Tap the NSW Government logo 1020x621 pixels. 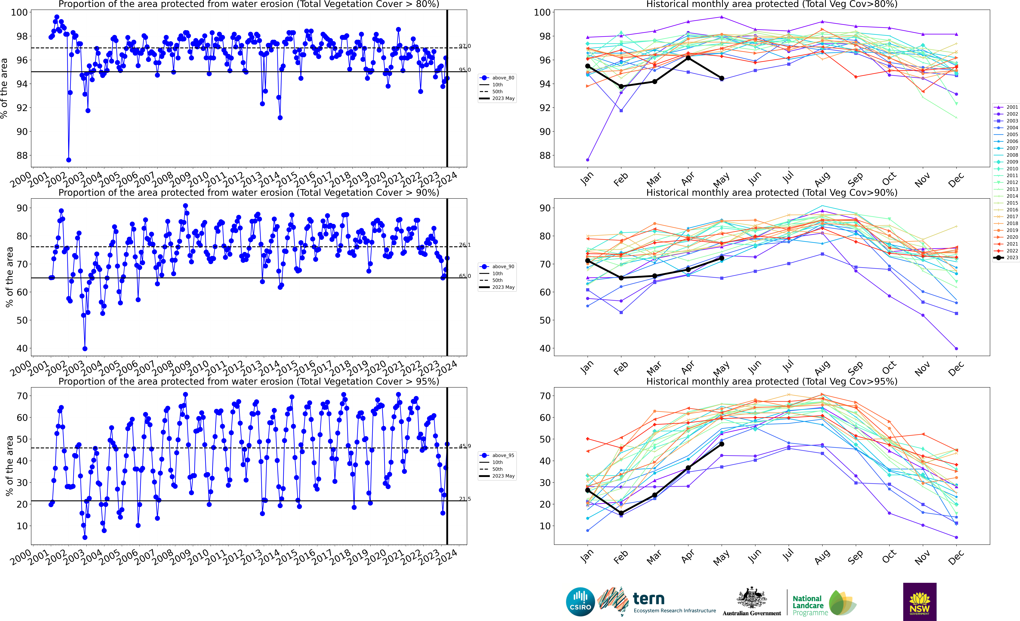coord(919,602)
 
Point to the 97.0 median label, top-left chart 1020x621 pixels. coord(464,46)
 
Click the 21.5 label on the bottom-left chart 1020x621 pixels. coord(464,499)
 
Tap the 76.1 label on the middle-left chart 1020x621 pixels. coord(464,245)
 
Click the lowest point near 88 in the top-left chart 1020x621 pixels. coord(69,160)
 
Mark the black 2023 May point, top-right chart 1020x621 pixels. coord(721,78)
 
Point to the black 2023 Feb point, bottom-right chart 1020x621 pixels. coord(621,513)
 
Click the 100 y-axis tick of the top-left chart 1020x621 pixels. coord(19,12)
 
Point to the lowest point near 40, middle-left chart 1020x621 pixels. coord(85,349)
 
